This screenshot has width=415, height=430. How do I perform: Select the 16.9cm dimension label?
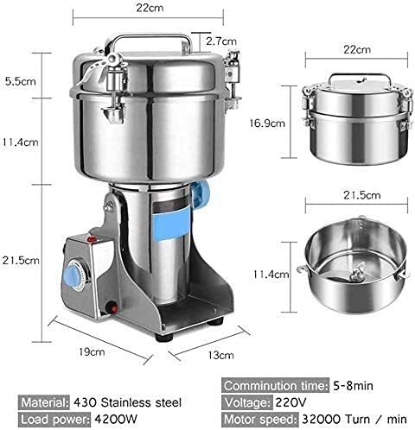click(274, 123)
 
